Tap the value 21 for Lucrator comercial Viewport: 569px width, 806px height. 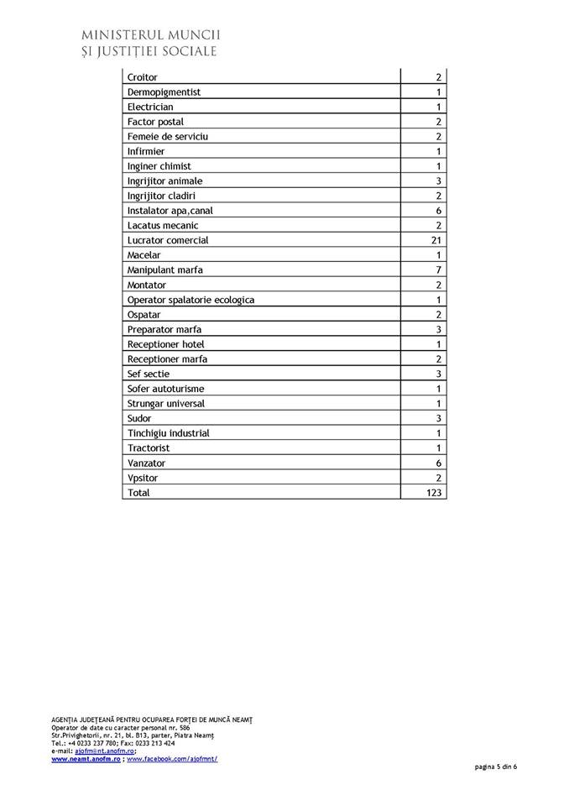tap(436, 240)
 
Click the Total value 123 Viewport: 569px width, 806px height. tap(434, 493)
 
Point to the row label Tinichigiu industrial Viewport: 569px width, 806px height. tap(169, 433)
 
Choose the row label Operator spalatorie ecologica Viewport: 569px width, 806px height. tap(191, 300)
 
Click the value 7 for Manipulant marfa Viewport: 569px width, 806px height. tap(438, 270)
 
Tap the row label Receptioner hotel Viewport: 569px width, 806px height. tap(165, 344)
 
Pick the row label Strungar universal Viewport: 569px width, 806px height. tap(167, 404)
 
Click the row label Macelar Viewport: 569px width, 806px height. tap(144, 255)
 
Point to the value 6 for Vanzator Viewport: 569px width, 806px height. tap(438, 463)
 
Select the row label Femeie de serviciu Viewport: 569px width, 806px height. tap(168, 137)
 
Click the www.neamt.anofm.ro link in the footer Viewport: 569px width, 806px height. tap(86, 759)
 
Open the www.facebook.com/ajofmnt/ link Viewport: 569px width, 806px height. tap(172, 759)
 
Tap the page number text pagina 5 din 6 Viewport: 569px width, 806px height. tap(495, 767)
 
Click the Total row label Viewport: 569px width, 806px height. tap(138, 493)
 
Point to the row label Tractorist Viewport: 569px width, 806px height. tap(149, 448)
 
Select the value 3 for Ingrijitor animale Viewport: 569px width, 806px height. tap(438, 181)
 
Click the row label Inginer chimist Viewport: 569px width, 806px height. tap(159, 166)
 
